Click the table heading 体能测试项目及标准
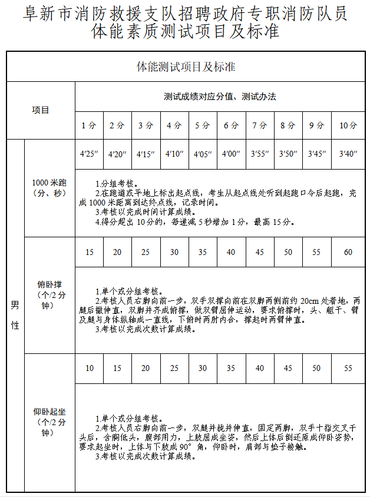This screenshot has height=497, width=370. pyautogui.click(x=185, y=67)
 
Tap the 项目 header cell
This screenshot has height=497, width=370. pyautogui.click(x=41, y=110)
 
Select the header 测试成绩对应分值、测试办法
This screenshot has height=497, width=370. pyautogui.click(x=220, y=97)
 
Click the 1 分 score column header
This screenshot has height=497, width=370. pyautogui.click(x=89, y=125)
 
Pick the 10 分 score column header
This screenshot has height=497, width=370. pyautogui.click(x=348, y=125)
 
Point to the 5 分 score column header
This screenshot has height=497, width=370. pyautogui.click(x=202, y=125)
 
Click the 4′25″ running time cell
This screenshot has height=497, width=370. pyautogui.click(x=89, y=154)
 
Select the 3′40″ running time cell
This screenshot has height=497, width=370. pyautogui.click(x=348, y=154)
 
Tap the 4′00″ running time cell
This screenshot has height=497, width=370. pyautogui.click(x=230, y=154)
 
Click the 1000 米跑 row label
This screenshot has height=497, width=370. pyautogui.click(x=49, y=188)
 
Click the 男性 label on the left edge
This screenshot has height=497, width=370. pyautogui.click(x=15, y=315)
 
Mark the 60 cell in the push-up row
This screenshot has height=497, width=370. pyautogui.click(x=348, y=252)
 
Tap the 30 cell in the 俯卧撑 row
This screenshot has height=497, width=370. pyautogui.click(x=174, y=252)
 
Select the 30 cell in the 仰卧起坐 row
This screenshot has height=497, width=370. pyautogui.click(x=202, y=368)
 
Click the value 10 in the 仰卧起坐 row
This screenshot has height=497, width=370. pyautogui.click(x=89, y=368)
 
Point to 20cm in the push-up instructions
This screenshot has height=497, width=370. pyautogui.click(x=309, y=301)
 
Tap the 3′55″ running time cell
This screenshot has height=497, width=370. pyautogui.click(x=259, y=154)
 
